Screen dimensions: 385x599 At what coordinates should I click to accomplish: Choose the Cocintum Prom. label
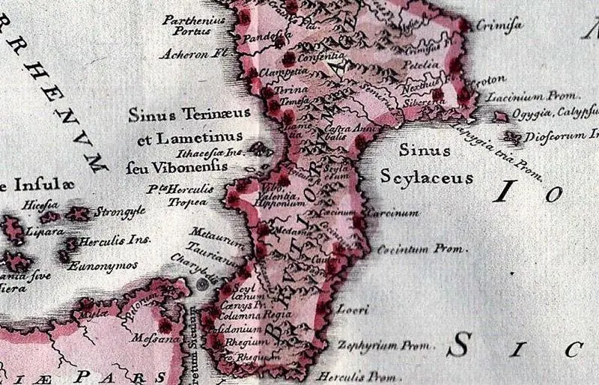pos(422,248)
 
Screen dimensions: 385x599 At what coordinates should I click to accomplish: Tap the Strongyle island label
pos(119,213)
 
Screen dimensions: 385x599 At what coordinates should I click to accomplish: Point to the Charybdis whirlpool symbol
pos(203,284)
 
